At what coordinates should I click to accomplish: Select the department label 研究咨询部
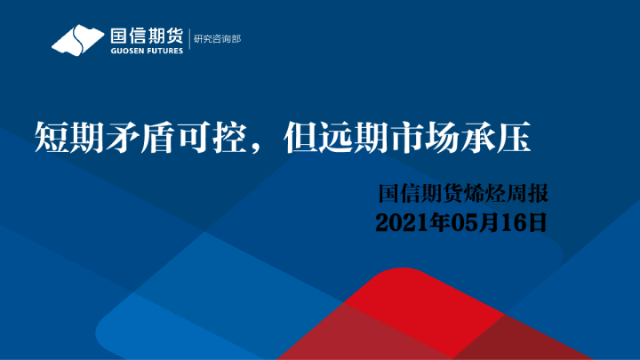tap(217, 39)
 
